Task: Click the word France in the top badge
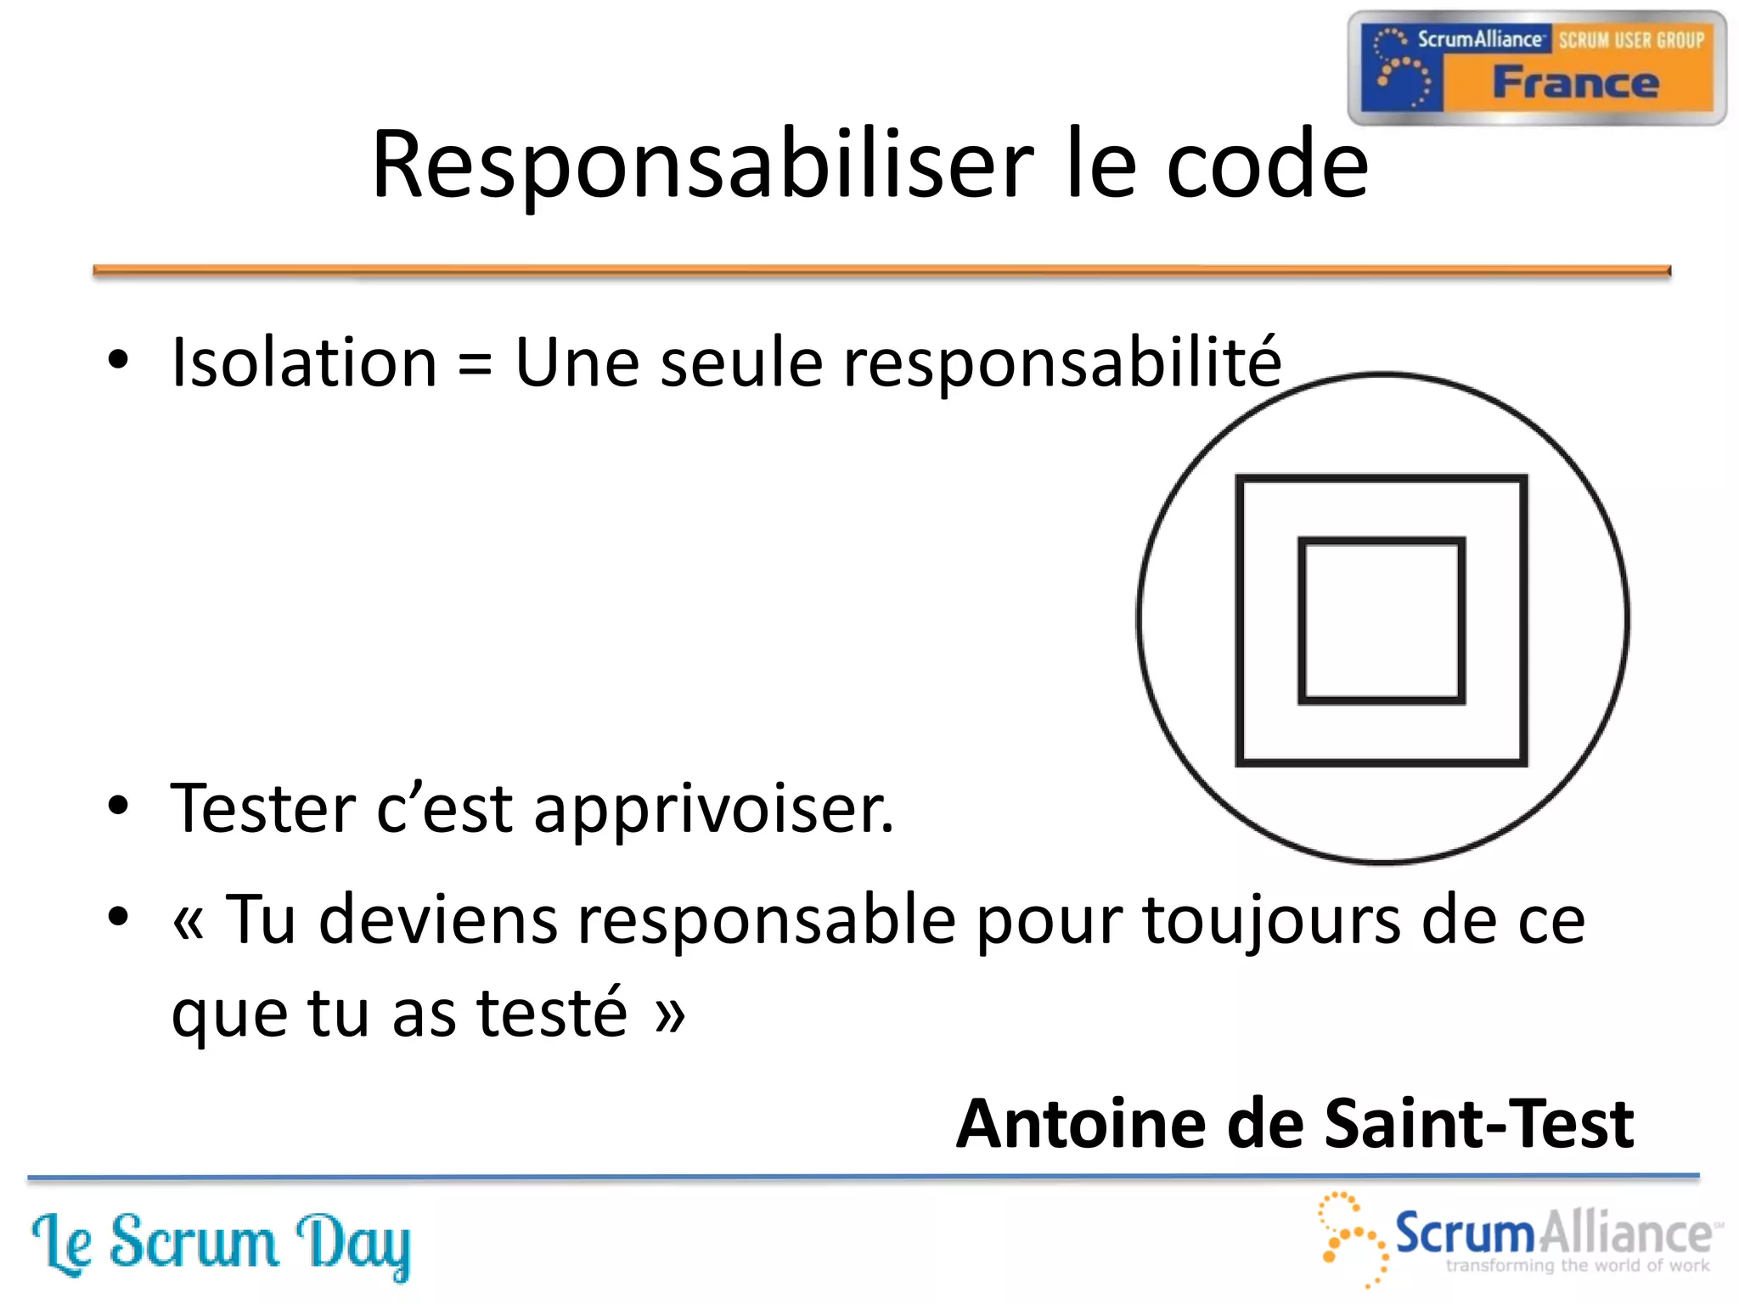1576,83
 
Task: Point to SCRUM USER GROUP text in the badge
1631,40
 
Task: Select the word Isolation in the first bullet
304,363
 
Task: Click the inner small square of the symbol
1382,621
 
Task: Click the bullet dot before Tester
118,805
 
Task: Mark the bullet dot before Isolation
118,359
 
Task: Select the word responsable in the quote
638,920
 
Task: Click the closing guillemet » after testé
670,1015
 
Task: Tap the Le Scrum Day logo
221,1244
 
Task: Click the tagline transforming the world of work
1577,1266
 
